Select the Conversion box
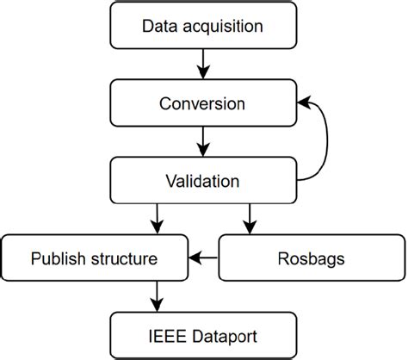[x=203, y=104]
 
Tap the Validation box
[x=203, y=181]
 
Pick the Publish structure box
[x=96, y=258]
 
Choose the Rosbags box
[x=306, y=258]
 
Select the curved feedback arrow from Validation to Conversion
[x=325, y=142]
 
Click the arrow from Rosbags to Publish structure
[x=204, y=258]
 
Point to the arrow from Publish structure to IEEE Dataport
[x=156, y=295]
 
